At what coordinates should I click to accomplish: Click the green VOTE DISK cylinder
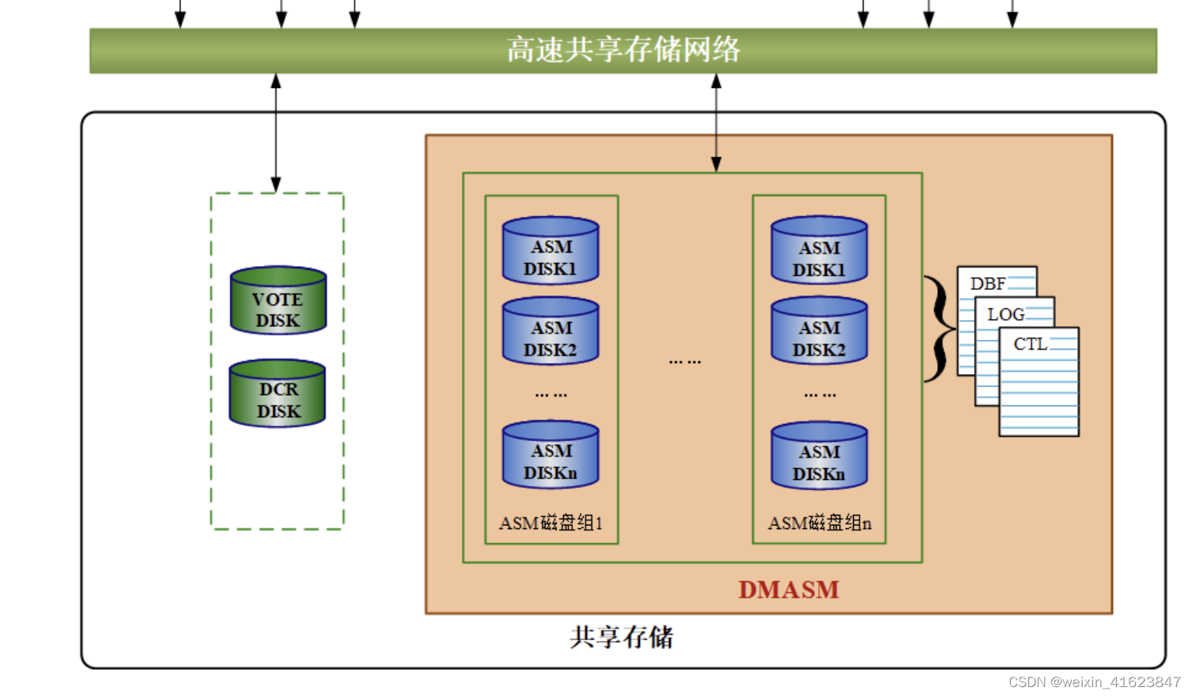click(x=278, y=301)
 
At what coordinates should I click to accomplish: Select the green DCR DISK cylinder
click(x=278, y=393)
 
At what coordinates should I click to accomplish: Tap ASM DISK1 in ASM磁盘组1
click(x=551, y=251)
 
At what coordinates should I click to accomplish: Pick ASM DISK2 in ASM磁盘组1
click(x=551, y=332)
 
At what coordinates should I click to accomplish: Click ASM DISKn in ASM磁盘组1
click(x=551, y=455)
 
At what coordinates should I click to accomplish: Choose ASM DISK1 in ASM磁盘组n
click(x=819, y=251)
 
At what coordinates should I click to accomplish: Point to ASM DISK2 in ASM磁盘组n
click(x=819, y=332)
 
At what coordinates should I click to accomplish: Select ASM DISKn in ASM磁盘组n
click(x=819, y=456)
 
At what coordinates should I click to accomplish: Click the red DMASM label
click(x=788, y=589)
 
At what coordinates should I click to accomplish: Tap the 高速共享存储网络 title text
click(x=623, y=50)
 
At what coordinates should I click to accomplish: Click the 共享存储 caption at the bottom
click(x=621, y=637)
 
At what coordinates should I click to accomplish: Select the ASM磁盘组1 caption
click(x=551, y=523)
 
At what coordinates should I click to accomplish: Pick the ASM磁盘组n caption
click(x=819, y=523)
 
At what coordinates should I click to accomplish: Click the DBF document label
click(x=987, y=284)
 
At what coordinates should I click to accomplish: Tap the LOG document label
click(x=1006, y=314)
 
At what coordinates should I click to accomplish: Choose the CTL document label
click(x=1030, y=344)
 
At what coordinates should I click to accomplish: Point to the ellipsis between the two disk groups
click(x=685, y=361)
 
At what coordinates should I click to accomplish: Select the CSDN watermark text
click(x=1094, y=682)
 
